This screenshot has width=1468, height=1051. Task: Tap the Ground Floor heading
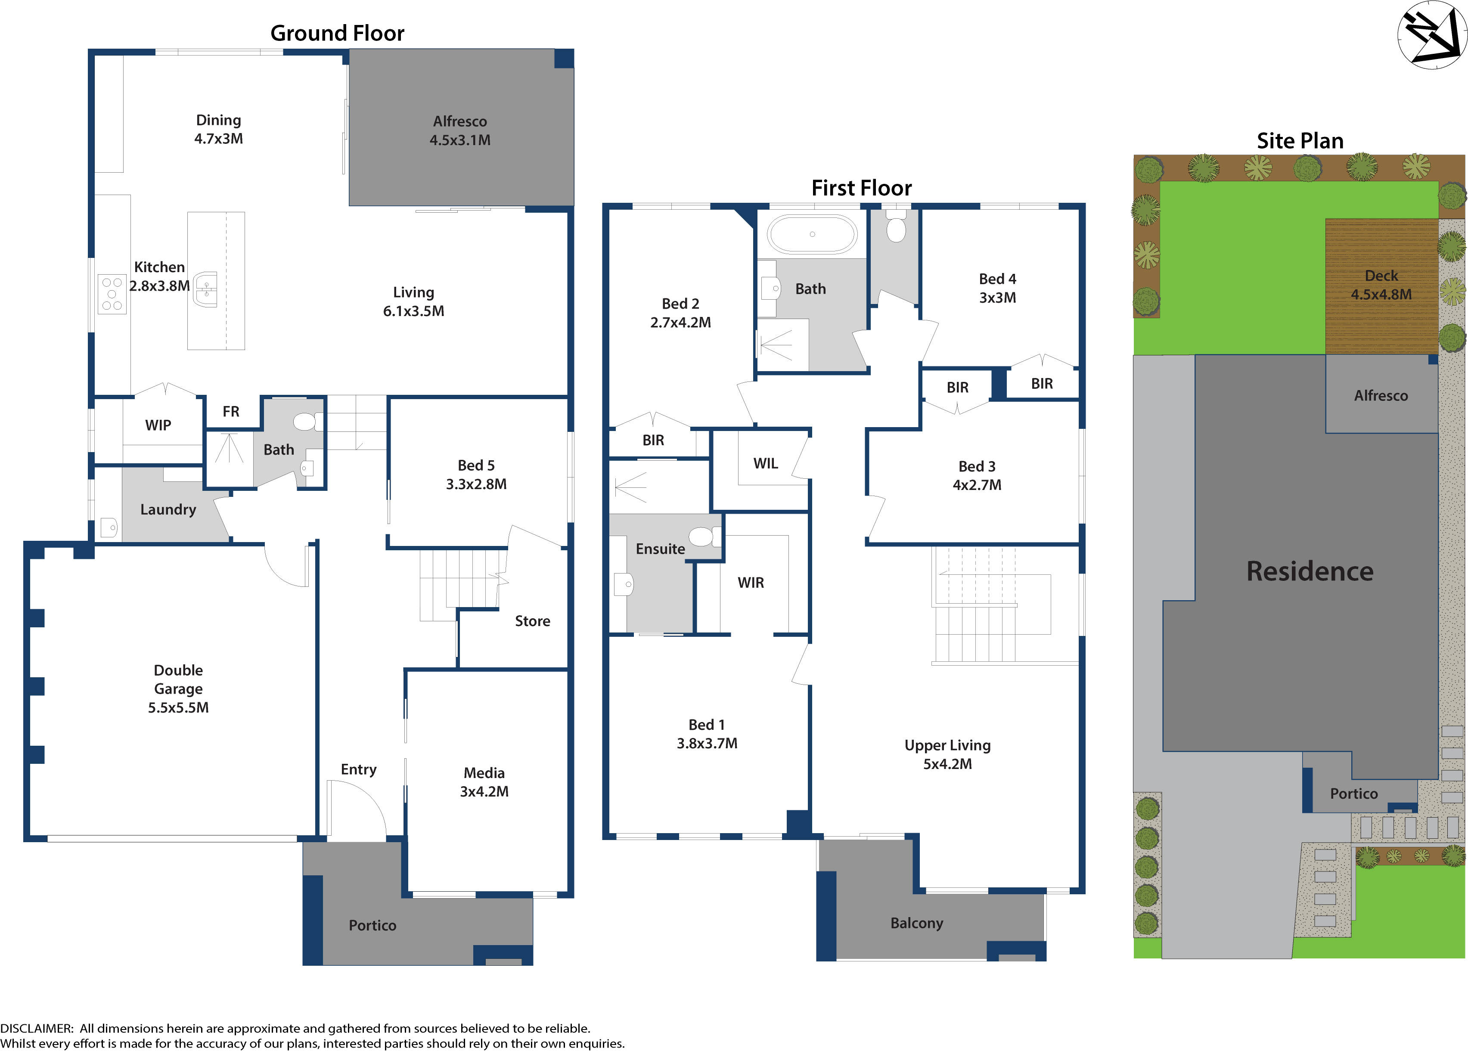tap(337, 33)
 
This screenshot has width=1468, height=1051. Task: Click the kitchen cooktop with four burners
tap(112, 294)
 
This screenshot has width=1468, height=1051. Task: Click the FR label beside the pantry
tap(231, 412)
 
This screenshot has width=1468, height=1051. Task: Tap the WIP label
tap(158, 425)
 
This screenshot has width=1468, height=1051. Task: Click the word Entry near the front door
tap(359, 769)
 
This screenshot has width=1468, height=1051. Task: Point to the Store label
tap(533, 621)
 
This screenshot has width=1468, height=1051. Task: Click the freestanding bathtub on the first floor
tap(812, 234)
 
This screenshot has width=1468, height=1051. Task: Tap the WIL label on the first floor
tap(766, 463)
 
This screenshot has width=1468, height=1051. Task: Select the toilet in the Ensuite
tap(701, 536)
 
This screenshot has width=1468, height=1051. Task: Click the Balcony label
tap(916, 923)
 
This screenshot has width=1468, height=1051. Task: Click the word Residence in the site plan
tap(1310, 571)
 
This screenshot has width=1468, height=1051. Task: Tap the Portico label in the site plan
tap(1354, 794)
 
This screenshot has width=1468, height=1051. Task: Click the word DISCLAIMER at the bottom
tap(36, 1028)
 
